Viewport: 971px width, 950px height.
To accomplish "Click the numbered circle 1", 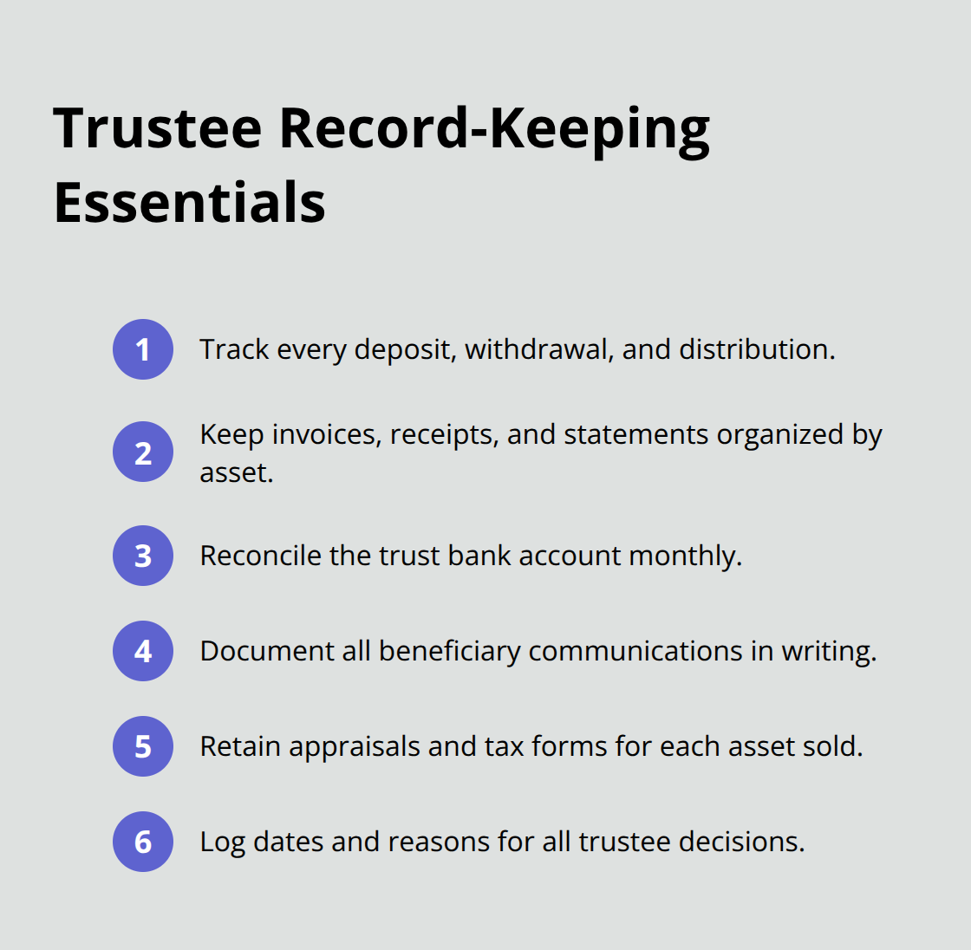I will (x=143, y=349).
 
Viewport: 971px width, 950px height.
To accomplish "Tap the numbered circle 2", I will (x=143, y=452).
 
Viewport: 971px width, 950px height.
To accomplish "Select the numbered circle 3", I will (x=143, y=556).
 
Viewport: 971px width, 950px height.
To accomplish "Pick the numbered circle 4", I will (x=143, y=651).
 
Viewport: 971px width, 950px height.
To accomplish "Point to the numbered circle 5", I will (x=143, y=746).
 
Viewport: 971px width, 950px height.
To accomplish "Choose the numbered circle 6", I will (x=143, y=842).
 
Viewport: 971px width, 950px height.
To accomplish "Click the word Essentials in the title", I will (x=190, y=202).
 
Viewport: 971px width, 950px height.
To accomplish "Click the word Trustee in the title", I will (x=158, y=127).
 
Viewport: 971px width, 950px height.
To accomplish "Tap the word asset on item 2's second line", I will (x=235, y=472).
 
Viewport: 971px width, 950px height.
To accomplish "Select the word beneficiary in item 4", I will (x=449, y=651).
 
